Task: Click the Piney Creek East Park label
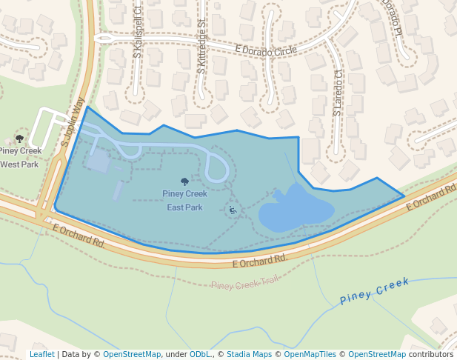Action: click(x=184, y=201)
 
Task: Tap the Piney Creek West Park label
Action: click(x=19, y=158)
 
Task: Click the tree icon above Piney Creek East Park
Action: click(x=184, y=181)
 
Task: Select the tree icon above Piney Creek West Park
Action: click(x=19, y=139)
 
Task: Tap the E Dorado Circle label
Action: click(x=266, y=50)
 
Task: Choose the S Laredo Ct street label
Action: click(x=337, y=92)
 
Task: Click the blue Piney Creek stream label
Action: click(x=375, y=291)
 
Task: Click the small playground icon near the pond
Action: click(x=233, y=210)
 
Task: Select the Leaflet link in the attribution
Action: click(x=42, y=355)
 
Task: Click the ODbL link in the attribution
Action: click(x=200, y=355)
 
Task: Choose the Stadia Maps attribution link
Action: click(x=249, y=355)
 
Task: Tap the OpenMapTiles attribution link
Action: click(x=310, y=355)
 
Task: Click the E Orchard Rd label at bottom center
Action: click(x=259, y=261)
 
